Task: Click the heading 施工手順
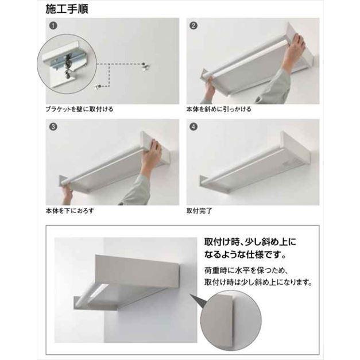(67, 9)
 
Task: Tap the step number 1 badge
(53, 25)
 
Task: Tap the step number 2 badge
(193, 25)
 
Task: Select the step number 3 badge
(53, 126)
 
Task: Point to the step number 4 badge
(193, 126)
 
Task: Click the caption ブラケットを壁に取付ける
(79, 109)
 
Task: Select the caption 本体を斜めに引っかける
(219, 109)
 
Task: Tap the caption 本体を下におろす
(70, 211)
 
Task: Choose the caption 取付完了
(199, 211)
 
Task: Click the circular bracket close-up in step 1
(67, 64)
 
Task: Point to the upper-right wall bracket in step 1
(145, 66)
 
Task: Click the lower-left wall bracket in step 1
(98, 87)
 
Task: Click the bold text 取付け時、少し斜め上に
(250, 242)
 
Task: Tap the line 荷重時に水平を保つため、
(246, 270)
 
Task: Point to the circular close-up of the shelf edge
(231, 320)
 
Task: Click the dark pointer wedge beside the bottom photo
(198, 300)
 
